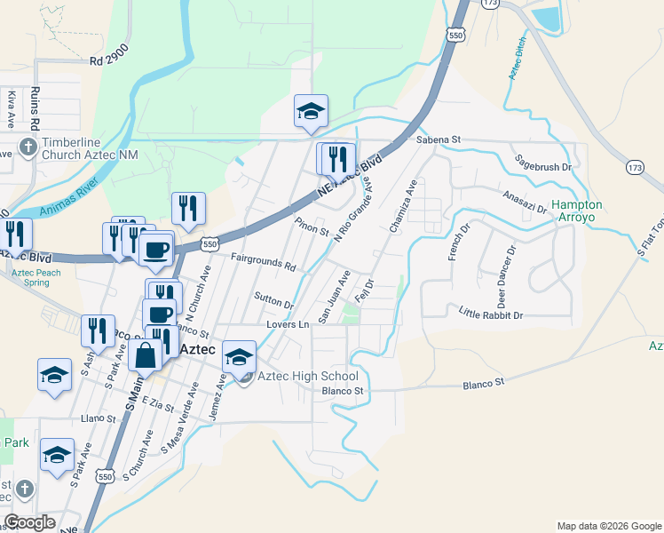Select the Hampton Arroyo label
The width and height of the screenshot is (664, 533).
click(577, 211)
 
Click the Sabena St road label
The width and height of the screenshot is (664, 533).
click(439, 139)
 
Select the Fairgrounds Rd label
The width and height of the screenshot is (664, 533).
click(263, 264)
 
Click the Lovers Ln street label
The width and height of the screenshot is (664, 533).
click(288, 325)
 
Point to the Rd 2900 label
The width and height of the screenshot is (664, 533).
click(109, 61)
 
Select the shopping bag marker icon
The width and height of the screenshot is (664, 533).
click(145, 355)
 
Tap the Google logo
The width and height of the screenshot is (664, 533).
click(29, 522)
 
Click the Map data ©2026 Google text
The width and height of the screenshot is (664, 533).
click(609, 526)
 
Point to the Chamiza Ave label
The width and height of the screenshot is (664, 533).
click(403, 207)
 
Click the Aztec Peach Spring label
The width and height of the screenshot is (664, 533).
click(36, 277)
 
